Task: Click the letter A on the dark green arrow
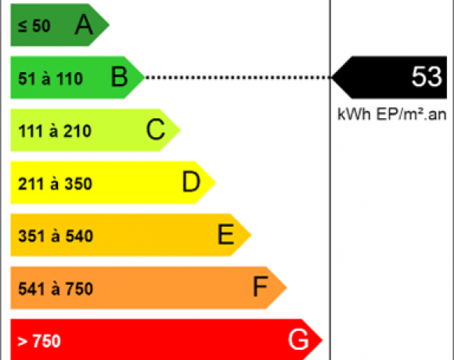pos(84,25)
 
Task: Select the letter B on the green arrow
pos(119,77)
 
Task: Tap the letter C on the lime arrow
pos(156,129)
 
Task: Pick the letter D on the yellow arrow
pos(191,182)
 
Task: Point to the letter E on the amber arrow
pos(226,234)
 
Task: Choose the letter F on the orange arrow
pos(261,286)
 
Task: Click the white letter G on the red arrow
pos(298,340)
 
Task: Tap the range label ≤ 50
pos(34,26)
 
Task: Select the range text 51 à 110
pos(50,78)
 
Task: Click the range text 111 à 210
pos(55,131)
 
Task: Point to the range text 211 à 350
pos(55,183)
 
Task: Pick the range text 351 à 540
pos(56,236)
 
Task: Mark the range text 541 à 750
pos(56,289)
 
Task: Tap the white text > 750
pos(39,341)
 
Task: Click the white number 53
pos(427,77)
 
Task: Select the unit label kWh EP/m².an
pos(391,114)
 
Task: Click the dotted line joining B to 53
pos(238,77)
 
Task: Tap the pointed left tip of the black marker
pos(332,77)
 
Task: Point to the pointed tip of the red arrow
pos(322,340)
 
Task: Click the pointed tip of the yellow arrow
pos(216,182)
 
